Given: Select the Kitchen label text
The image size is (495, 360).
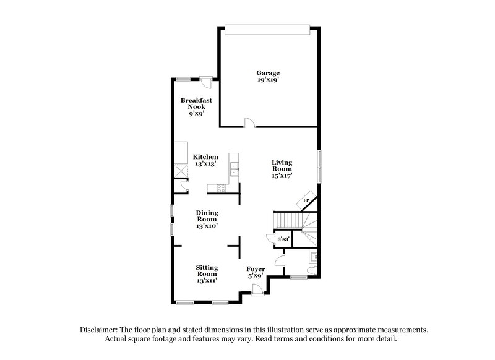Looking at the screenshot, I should pyautogui.click(x=205, y=157).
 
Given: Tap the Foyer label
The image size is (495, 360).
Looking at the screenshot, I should pyautogui.click(x=256, y=269).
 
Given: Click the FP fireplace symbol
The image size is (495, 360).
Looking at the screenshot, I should pyautogui.click(x=306, y=201).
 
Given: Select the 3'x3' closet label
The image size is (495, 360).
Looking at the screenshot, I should pyautogui.click(x=283, y=238).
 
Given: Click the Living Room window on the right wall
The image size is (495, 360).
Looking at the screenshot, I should pyautogui.click(x=320, y=166).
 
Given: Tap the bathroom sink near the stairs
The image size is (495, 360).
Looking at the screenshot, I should pyautogui.click(x=314, y=257).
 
